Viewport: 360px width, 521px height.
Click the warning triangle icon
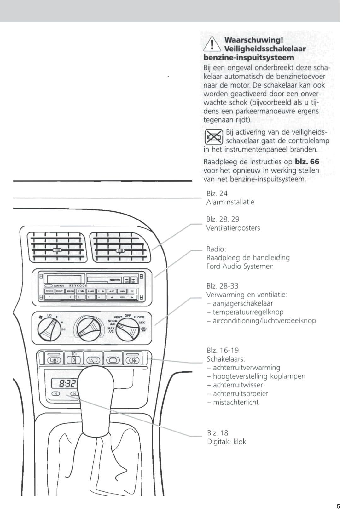[212, 44]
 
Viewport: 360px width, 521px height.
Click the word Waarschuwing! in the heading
[253, 40]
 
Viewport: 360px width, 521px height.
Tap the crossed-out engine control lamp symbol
[213, 137]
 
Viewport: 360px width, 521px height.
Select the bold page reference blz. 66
[307, 162]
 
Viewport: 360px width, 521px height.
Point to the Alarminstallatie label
[230, 202]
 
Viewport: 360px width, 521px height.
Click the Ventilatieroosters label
[233, 228]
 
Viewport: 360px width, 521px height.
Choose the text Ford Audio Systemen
[240, 266]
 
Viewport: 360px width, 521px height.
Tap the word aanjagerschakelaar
[243, 303]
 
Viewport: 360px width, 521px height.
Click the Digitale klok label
[226, 442]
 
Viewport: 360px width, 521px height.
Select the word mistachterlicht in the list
[236, 402]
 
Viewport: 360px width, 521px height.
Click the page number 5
[338, 507]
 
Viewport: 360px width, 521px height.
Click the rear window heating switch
[54, 359]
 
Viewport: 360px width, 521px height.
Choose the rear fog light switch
[133, 359]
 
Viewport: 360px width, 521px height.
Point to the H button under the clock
[56, 394]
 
